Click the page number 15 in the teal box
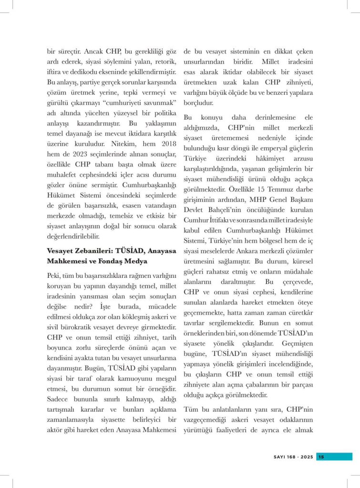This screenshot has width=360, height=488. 321,457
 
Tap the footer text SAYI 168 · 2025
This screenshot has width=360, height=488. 293,457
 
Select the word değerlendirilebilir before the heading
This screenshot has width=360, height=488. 74,235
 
